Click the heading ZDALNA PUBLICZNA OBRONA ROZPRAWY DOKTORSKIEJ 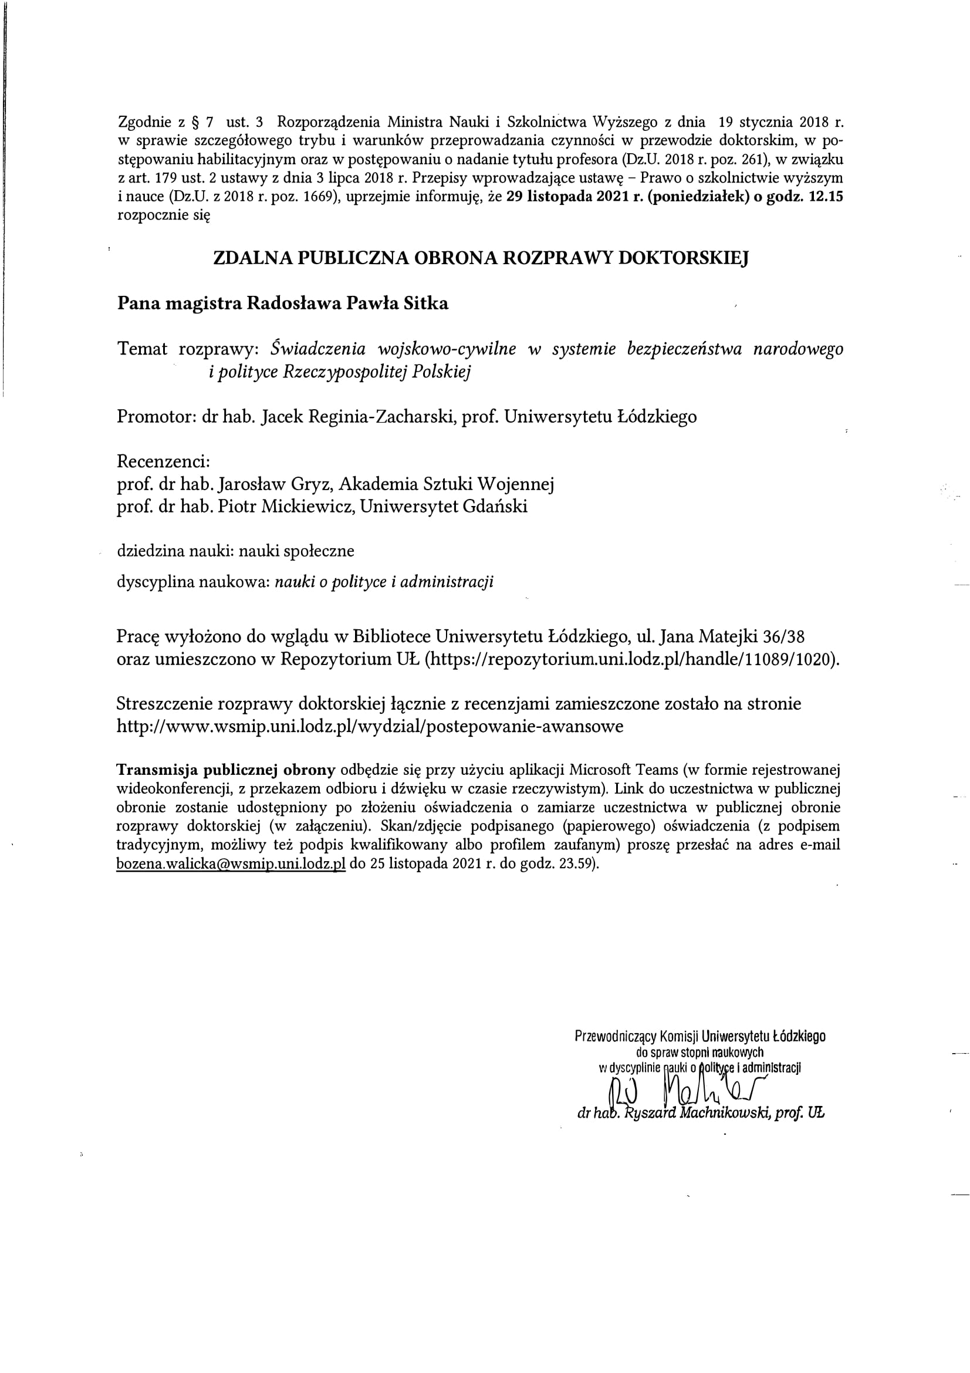[x=481, y=258]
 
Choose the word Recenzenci [x=163, y=461]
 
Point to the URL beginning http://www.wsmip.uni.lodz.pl [x=370, y=726]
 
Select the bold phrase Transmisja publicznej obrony [x=226, y=769]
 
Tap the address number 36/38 [x=788, y=636]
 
